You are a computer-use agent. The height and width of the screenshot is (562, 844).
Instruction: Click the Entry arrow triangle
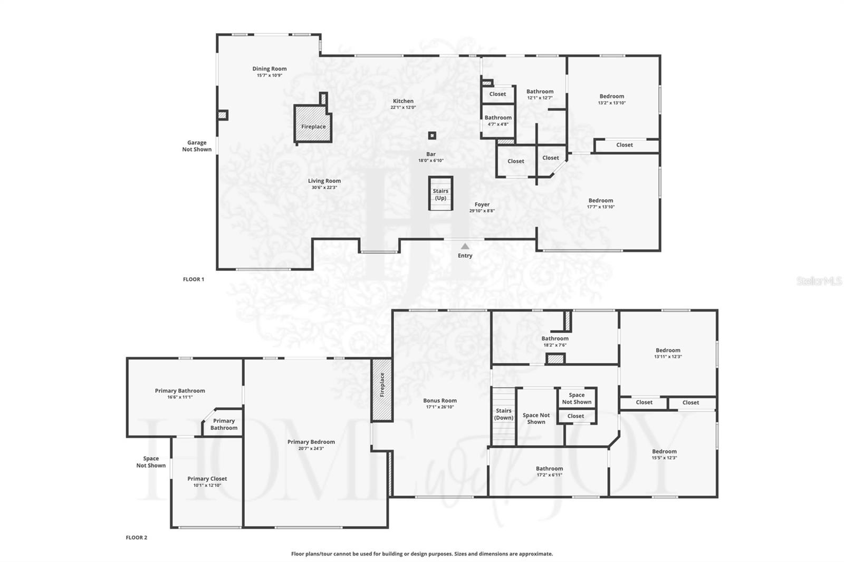click(465, 246)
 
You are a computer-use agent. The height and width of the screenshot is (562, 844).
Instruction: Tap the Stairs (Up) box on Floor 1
click(440, 194)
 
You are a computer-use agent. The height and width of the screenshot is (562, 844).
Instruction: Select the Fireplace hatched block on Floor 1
click(313, 124)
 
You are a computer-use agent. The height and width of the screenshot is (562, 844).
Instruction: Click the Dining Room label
click(270, 69)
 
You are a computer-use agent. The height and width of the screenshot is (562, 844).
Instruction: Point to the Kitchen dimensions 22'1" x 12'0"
click(403, 108)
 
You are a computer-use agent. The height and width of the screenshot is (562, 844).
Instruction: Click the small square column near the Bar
click(432, 135)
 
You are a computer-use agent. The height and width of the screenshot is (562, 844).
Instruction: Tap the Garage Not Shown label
click(197, 146)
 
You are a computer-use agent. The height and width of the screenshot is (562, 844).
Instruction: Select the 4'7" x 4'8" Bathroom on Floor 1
click(498, 121)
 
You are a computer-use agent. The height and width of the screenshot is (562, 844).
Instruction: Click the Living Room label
click(324, 181)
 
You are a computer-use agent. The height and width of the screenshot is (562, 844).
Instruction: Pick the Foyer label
click(482, 205)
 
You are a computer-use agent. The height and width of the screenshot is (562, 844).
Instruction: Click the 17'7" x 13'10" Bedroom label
click(601, 200)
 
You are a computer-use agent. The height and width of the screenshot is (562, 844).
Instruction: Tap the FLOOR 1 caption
click(194, 279)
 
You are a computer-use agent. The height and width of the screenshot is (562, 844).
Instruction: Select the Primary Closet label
click(207, 479)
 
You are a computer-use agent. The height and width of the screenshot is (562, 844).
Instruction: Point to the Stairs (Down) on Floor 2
click(503, 414)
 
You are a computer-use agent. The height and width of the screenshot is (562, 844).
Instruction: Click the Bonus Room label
click(439, 401)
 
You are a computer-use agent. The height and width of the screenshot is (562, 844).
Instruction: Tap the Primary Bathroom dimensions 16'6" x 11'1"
click(180, 397)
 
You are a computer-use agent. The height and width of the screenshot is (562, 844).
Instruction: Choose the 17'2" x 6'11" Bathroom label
click(549, 469)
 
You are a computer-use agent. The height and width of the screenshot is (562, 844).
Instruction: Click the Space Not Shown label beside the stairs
click(536, 419)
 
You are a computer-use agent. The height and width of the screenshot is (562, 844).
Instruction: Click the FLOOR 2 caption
click(136, 538)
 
